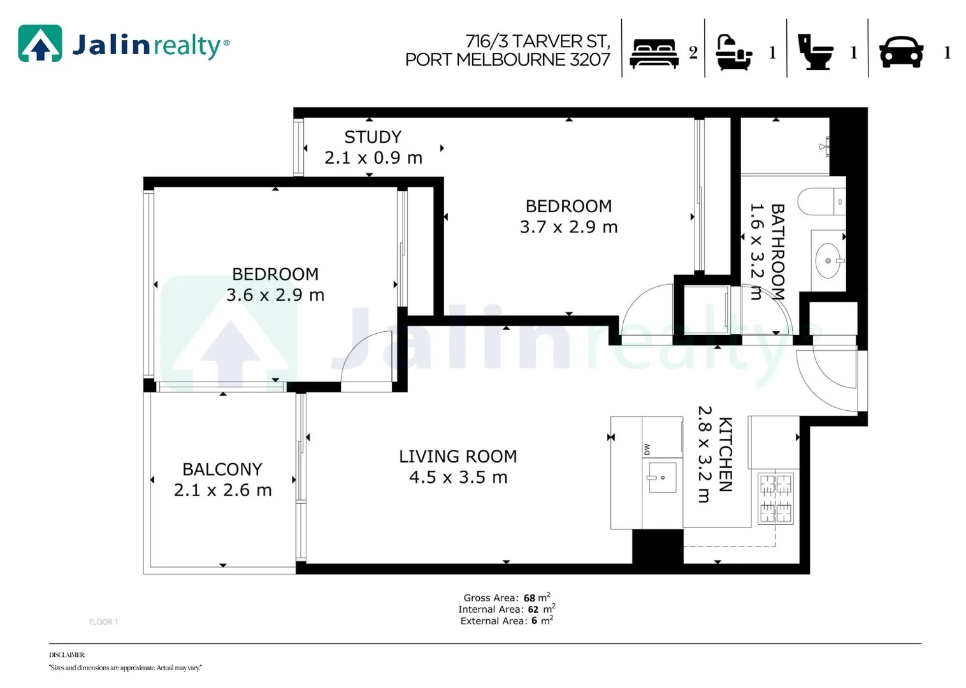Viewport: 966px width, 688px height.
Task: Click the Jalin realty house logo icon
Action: click(x=40, y=43)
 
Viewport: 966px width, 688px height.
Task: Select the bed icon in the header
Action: click(x=654, y=53)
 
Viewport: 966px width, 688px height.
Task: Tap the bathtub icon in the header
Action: click(x=733, y=52)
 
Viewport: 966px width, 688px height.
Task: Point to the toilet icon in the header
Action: click(x=815, y=52)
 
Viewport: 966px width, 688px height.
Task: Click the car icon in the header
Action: click(x=901, y=52)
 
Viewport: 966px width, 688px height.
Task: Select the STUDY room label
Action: click(x=373, y=137)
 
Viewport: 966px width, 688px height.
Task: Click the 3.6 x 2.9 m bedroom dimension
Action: click(x=275, y=295)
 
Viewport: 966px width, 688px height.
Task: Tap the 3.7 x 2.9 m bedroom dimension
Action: click(x=568, y=227)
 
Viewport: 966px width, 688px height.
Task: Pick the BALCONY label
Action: click(x=222, y=469)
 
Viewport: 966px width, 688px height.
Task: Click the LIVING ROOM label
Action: click(x=458, y=457)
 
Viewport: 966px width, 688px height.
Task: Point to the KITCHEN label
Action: click(x=725, y=454)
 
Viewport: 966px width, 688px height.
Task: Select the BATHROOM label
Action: click(x=777, y=252)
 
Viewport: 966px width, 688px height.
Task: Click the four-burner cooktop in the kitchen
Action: click(x=775, y=498)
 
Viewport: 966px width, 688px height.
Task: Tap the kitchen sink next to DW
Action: click(x=662, y=478)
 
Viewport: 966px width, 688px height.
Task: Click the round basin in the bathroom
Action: click(x=828, y=261)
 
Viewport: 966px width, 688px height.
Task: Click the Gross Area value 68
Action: click(x=529, y=598)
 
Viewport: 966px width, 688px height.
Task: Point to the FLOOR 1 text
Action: click(x=103, y=622)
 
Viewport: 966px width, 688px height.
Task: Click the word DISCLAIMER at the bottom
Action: click(x=67, y=655)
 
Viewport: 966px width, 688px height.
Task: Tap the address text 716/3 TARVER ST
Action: click(x=537, y=41)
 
